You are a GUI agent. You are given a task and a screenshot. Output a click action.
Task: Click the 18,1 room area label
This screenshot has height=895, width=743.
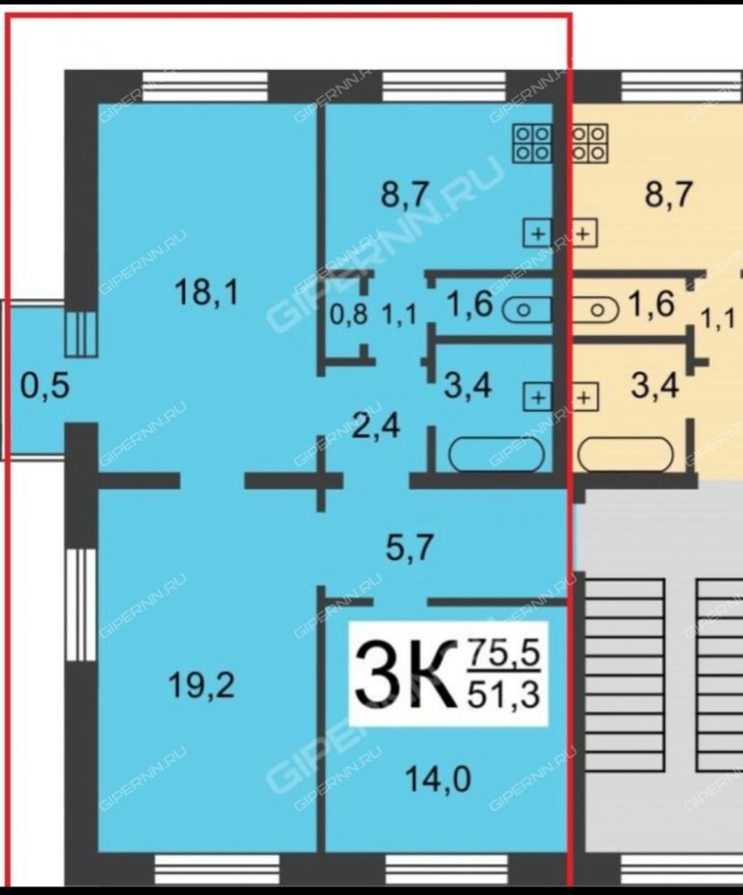coord(206,293)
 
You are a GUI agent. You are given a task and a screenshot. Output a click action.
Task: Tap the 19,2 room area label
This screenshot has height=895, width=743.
coord(201,686)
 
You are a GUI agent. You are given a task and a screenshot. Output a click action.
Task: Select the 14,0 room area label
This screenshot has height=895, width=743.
coord(438,780)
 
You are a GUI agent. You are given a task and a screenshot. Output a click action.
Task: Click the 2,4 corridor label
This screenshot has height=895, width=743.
coord(375,426)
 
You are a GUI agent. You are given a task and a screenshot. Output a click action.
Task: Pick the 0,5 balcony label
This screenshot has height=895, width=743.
coord(45,386)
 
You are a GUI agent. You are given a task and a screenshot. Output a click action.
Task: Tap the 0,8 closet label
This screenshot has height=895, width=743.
coord(349,314)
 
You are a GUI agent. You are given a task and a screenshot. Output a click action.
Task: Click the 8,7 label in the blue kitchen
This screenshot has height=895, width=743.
coord(405,194)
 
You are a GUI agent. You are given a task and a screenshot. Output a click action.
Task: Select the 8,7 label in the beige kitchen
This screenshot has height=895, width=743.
coord(668,194)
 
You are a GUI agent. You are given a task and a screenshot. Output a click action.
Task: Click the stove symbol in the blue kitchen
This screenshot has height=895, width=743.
coord(533,142)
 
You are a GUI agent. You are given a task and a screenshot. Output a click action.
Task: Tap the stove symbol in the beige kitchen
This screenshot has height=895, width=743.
coord(589,142)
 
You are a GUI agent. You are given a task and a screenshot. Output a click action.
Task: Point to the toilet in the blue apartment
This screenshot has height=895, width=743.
coord(526,311)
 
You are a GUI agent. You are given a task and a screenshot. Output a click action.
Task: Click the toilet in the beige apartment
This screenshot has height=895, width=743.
coord(595,311)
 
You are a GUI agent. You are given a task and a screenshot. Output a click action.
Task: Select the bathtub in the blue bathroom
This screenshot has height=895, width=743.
coord(498,455)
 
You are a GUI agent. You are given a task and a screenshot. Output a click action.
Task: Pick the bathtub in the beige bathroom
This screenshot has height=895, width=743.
coord(626,455)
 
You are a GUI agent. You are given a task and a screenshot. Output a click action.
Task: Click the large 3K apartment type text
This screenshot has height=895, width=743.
coord(406,675)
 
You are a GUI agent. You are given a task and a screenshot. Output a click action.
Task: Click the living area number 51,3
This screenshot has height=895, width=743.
coord(503,695)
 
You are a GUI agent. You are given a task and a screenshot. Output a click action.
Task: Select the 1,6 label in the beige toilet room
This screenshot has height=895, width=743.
coord(651,303)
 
